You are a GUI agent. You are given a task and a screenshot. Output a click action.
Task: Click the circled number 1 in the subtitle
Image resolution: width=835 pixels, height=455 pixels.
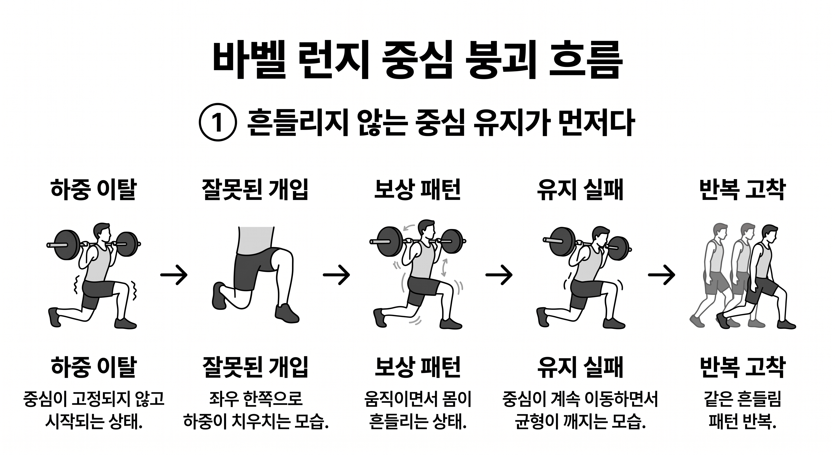pyautogui.click(x=218, y=122)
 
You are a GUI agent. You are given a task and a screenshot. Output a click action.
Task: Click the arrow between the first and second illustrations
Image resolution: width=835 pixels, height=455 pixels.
pyautogui.click(x=174, y=275)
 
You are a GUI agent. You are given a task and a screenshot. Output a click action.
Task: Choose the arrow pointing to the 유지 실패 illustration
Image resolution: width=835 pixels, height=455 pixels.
pyautogui.click(x=499, y=275)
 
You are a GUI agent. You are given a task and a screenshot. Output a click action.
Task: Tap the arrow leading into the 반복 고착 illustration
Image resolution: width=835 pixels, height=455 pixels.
pyautogui.click(x=661, y=275)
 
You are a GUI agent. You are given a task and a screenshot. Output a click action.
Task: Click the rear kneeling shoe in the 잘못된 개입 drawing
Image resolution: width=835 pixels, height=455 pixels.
pyautogui.click(x=219, y=295)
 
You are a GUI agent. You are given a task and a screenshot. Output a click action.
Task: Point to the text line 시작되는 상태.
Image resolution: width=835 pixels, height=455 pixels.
pyautogui.click(x=94, y=421)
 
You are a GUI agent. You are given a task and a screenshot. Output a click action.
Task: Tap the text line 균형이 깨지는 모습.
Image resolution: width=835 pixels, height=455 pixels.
pyautogui.click(x=580, y=421)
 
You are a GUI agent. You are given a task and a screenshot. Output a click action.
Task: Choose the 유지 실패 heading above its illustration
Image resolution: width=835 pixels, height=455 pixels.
pyautogui.click(x=580, y=190)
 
